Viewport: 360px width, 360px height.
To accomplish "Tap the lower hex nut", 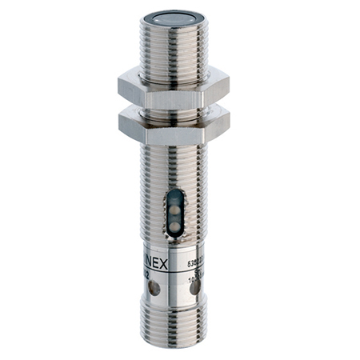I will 173,126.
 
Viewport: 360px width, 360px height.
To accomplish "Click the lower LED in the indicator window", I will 175,224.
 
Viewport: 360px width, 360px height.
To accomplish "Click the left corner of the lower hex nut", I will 120,125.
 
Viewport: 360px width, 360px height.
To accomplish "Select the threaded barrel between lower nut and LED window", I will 173,164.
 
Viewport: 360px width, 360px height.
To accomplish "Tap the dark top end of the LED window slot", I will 175,194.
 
